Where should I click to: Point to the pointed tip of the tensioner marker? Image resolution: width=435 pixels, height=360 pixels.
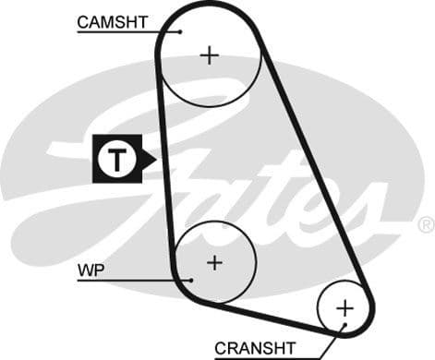tap(156, 160)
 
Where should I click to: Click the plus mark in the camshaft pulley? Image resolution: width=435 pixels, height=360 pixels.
tap(211, 55)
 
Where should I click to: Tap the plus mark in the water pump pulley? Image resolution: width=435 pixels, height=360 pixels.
tap(214, 263)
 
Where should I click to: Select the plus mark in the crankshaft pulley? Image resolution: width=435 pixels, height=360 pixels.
tap(344, 306)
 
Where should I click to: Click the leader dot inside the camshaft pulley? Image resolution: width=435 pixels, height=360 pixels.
tap(182, 31)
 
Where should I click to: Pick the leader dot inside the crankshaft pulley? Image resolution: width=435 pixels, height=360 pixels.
tap(340, 325)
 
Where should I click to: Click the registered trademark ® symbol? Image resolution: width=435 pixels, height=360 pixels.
tap(426, 224)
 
